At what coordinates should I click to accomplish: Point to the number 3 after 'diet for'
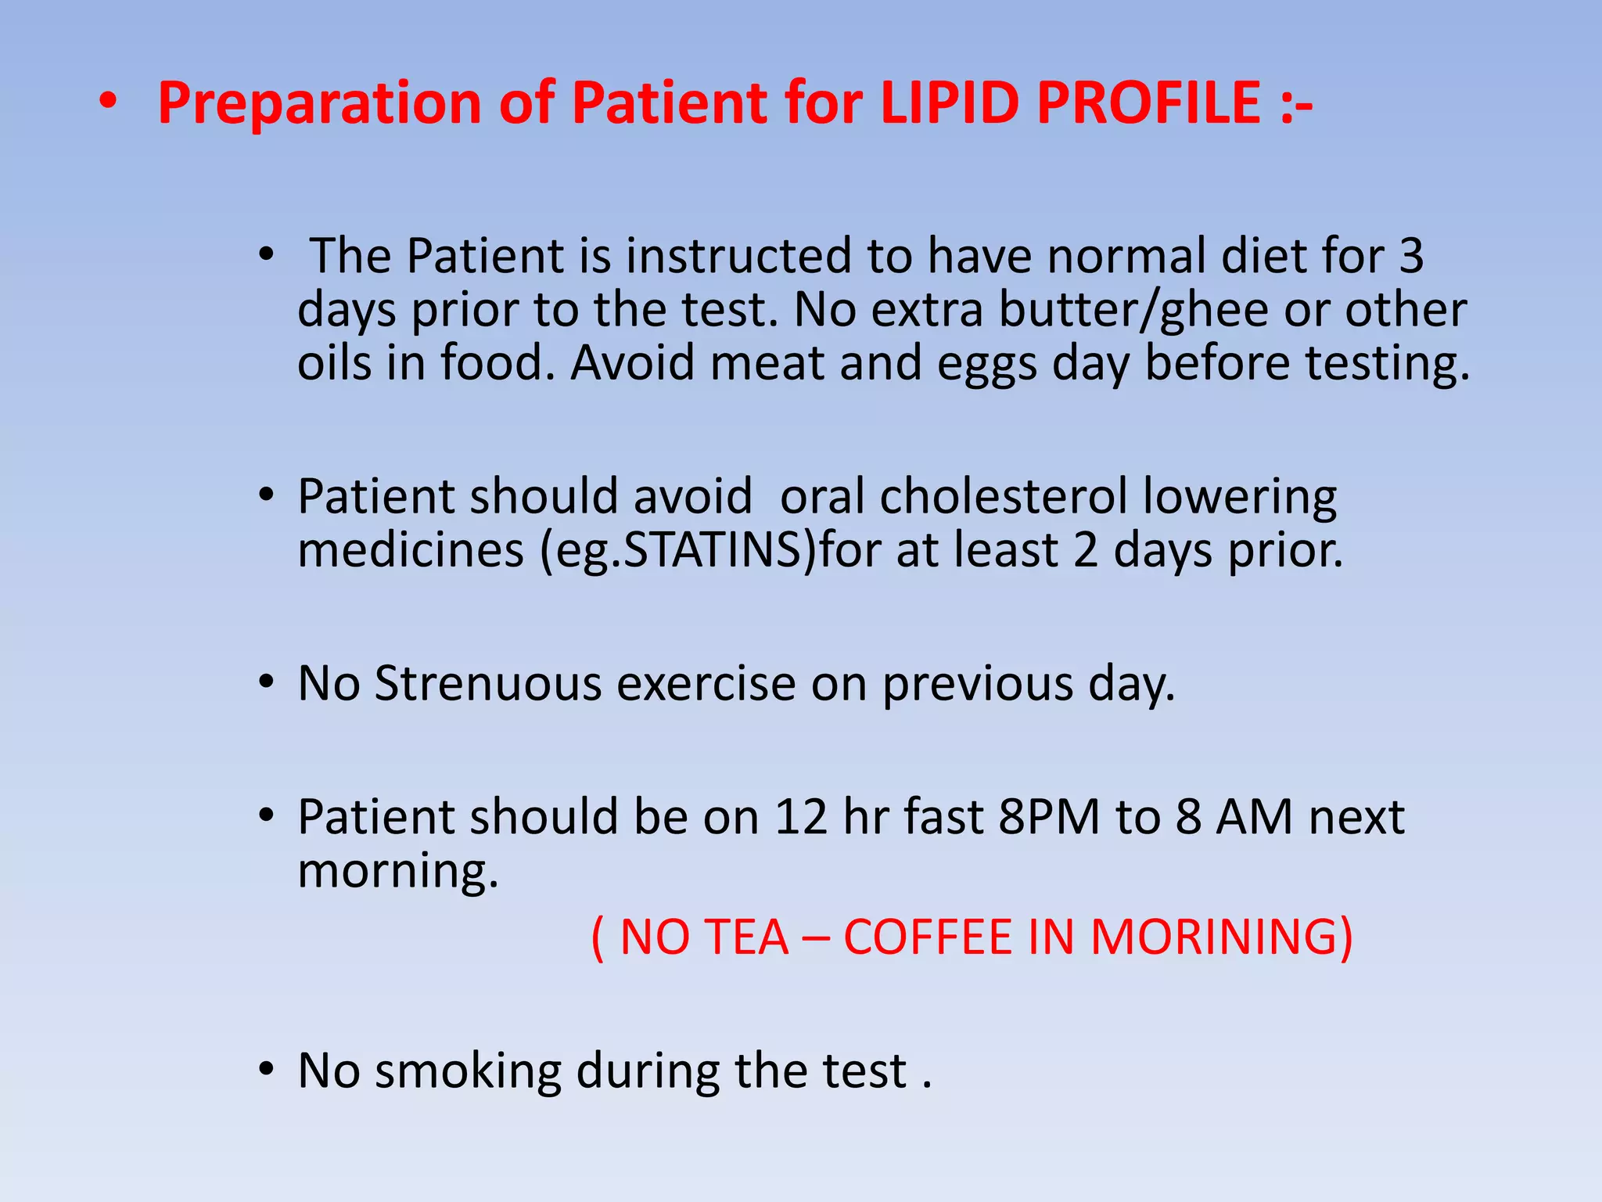point(1410,256)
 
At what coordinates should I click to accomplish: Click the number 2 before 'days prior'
point(1086,550)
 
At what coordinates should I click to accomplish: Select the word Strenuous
point(488,683)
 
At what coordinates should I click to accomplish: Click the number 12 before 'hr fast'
point(800,817)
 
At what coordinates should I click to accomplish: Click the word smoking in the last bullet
point(468,1071)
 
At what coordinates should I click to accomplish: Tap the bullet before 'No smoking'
point(267,1069)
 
